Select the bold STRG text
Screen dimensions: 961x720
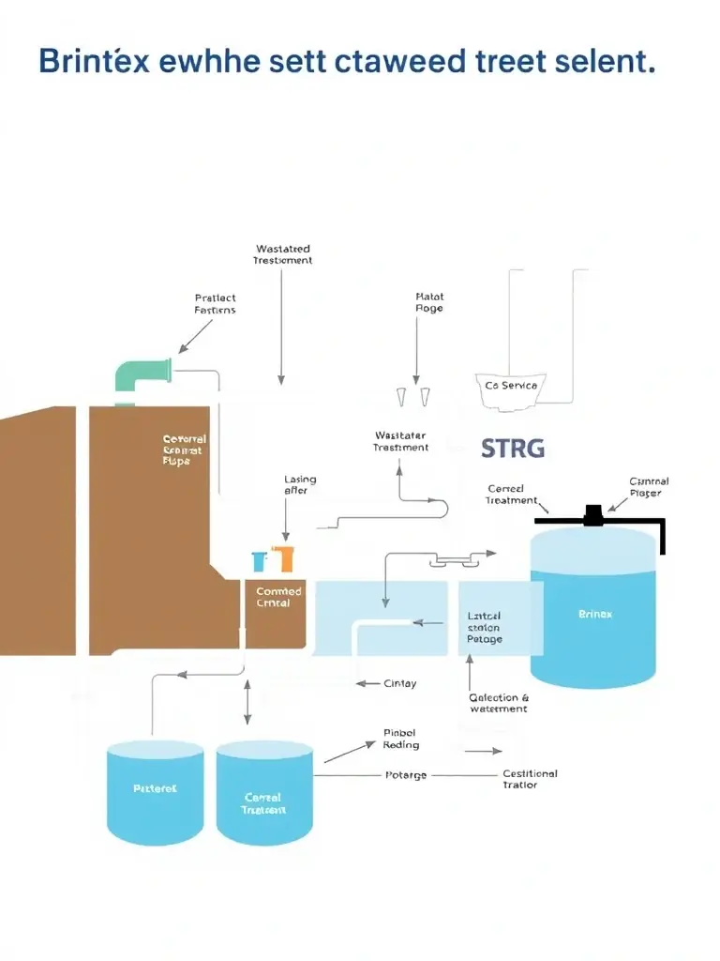[512, 448]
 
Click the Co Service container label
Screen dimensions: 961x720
[512, 386]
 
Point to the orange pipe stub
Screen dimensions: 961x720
[283, 559]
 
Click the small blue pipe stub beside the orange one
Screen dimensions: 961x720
[260, 561]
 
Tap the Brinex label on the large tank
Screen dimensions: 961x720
[594, 614]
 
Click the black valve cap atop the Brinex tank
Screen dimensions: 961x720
[593, 513]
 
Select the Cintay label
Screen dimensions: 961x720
[400, 684]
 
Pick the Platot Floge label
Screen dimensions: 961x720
[428, 302]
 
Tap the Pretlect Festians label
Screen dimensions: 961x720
[215, 303]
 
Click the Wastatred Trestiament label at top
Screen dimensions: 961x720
[282, 254]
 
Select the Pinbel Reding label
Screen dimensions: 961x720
[400, 739]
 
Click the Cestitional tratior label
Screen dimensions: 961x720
[529, 779]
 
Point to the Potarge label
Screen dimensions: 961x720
[406, 775]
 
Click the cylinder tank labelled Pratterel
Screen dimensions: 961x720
[155, 791]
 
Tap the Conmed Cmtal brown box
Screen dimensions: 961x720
[278, 610]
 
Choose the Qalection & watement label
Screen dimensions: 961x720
[498, 703]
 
